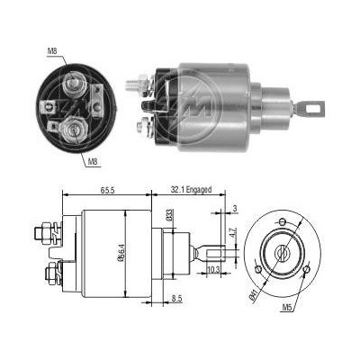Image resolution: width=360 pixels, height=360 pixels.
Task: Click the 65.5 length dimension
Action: tap(107, 190)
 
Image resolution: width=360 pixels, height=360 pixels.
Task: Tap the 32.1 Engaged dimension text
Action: tap(191, 190)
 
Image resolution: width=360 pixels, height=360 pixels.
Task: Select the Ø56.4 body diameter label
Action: tap(121, 253)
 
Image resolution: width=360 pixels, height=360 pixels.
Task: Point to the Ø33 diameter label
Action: tap(169, 215)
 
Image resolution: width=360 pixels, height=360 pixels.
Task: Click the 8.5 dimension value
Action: tap(177, 299)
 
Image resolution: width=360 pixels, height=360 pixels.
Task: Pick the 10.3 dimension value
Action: tap(213, 270)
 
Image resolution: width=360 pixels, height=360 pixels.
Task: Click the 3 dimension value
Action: tap(235, 208)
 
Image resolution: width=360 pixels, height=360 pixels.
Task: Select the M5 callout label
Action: tap(287, 307)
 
